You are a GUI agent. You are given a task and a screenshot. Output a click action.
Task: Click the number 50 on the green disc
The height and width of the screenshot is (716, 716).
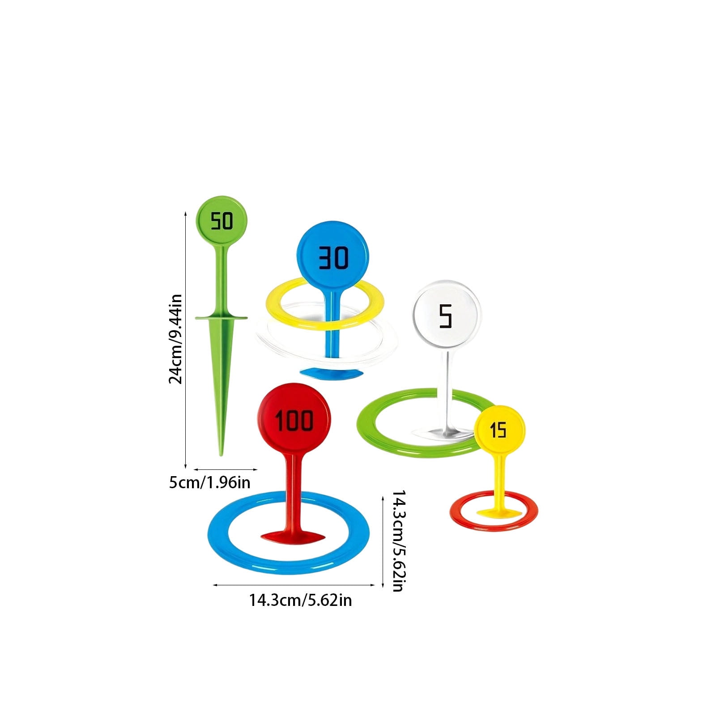pos(222,221)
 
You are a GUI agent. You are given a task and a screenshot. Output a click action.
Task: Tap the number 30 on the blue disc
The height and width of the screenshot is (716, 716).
pos(333,258)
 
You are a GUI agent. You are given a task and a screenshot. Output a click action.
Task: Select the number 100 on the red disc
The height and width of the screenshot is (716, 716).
pos(294,421)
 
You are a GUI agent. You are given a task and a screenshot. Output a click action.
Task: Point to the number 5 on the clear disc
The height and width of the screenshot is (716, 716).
pos(446,316)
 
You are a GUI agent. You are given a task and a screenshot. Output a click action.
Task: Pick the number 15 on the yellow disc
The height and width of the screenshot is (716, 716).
pos(498,430)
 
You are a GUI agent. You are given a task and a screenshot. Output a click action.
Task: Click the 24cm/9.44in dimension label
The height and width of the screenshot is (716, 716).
pos(175,339)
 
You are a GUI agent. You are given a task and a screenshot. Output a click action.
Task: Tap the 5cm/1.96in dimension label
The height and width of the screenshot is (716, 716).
pos(209,482)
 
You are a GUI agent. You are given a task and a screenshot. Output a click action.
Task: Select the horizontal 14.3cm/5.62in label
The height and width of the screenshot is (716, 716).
pos(300,600)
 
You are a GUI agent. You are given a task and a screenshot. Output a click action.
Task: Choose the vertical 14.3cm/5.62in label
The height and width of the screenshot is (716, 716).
pos(398,541)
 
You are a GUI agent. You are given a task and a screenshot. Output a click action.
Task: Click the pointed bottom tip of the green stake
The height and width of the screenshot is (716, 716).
pos(221,455)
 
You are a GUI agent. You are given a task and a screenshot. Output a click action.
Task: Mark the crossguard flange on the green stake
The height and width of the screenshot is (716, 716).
pos(221,318)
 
